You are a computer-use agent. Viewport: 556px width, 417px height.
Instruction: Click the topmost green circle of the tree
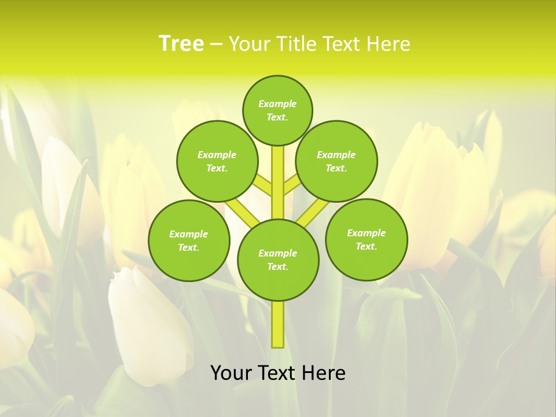click(277, 110)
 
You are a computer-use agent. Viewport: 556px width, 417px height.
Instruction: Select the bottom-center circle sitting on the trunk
click(278, 260)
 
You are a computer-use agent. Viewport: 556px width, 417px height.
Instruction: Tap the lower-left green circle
click(189, 241)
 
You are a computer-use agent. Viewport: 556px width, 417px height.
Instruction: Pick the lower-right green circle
click(366, 240)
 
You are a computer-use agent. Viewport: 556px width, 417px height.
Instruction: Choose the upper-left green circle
click(217, 161)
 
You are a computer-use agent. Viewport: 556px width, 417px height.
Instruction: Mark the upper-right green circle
click(336, 161)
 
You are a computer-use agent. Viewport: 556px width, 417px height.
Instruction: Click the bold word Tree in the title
click(181, 44)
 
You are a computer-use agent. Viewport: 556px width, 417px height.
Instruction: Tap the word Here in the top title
click(389, 44)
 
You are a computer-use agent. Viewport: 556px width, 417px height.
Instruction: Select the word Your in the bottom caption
click(231, 373)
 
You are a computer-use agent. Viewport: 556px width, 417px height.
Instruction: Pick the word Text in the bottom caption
click(277, 373)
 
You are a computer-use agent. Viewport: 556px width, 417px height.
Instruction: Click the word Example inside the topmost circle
click(277, 104)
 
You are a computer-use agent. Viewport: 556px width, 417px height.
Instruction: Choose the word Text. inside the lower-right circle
click(366, 247)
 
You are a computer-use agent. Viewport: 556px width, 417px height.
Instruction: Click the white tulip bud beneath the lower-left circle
click(148, 319)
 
